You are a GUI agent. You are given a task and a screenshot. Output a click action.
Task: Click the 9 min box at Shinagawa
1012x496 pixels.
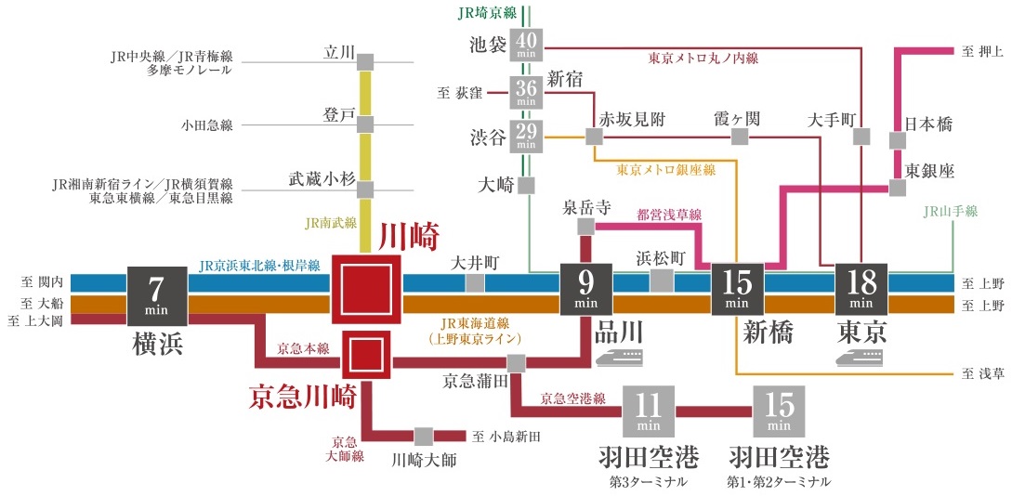585,289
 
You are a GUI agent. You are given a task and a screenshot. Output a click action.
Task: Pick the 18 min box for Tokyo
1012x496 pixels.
861,289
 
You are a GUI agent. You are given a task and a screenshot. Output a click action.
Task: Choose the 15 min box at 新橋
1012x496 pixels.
737,289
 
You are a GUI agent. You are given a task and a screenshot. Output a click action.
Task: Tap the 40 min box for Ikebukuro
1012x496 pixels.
526,44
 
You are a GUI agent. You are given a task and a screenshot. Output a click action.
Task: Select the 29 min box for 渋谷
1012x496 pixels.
526,136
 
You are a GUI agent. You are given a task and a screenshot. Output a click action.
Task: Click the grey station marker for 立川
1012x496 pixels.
365,61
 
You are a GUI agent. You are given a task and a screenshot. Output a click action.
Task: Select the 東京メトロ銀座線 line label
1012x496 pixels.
666,170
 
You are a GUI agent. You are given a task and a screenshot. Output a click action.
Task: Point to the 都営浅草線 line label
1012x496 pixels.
669,215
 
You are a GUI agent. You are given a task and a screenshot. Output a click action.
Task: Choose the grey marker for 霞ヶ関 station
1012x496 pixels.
740,137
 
